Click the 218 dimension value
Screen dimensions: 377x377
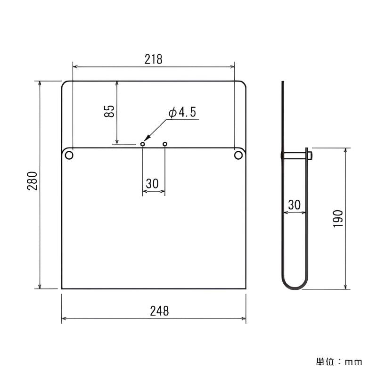pyautogui.click(x=154, y=59)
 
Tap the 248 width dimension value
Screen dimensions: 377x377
pyautogui.click(x=159, y=311)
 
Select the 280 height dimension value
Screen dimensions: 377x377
pyautogui.click(x=32, y=181)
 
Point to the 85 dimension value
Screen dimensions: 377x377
pyautogui.click(x=109, y=111)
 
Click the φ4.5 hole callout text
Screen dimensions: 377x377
pyautogui.click(x=182, y=112)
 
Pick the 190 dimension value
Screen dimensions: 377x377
pyautogui.click(x=338, y=219)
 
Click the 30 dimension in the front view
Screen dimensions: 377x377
pyautogui.click(x=152, y=184)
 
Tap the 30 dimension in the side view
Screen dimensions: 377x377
pyautogui.click(x=294, y=205)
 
